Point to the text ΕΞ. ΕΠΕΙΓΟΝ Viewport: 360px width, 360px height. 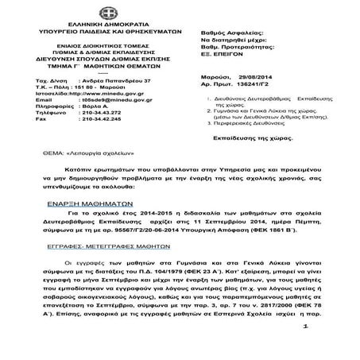click(214, 45)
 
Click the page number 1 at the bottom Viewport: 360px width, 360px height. click(326, 337)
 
